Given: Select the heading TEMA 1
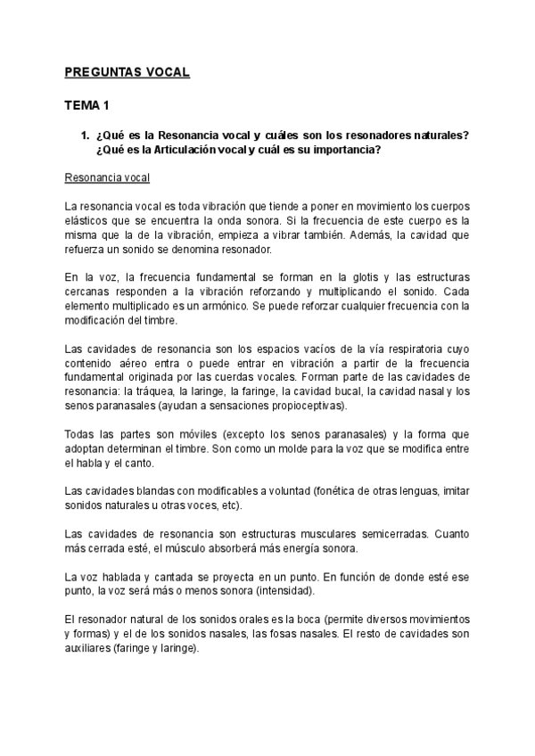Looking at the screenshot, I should tap(86, 105).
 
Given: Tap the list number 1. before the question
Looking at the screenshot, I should tap(86, 136).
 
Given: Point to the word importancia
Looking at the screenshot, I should tap(343, 149).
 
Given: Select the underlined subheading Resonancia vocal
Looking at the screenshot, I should tap(108, 177).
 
